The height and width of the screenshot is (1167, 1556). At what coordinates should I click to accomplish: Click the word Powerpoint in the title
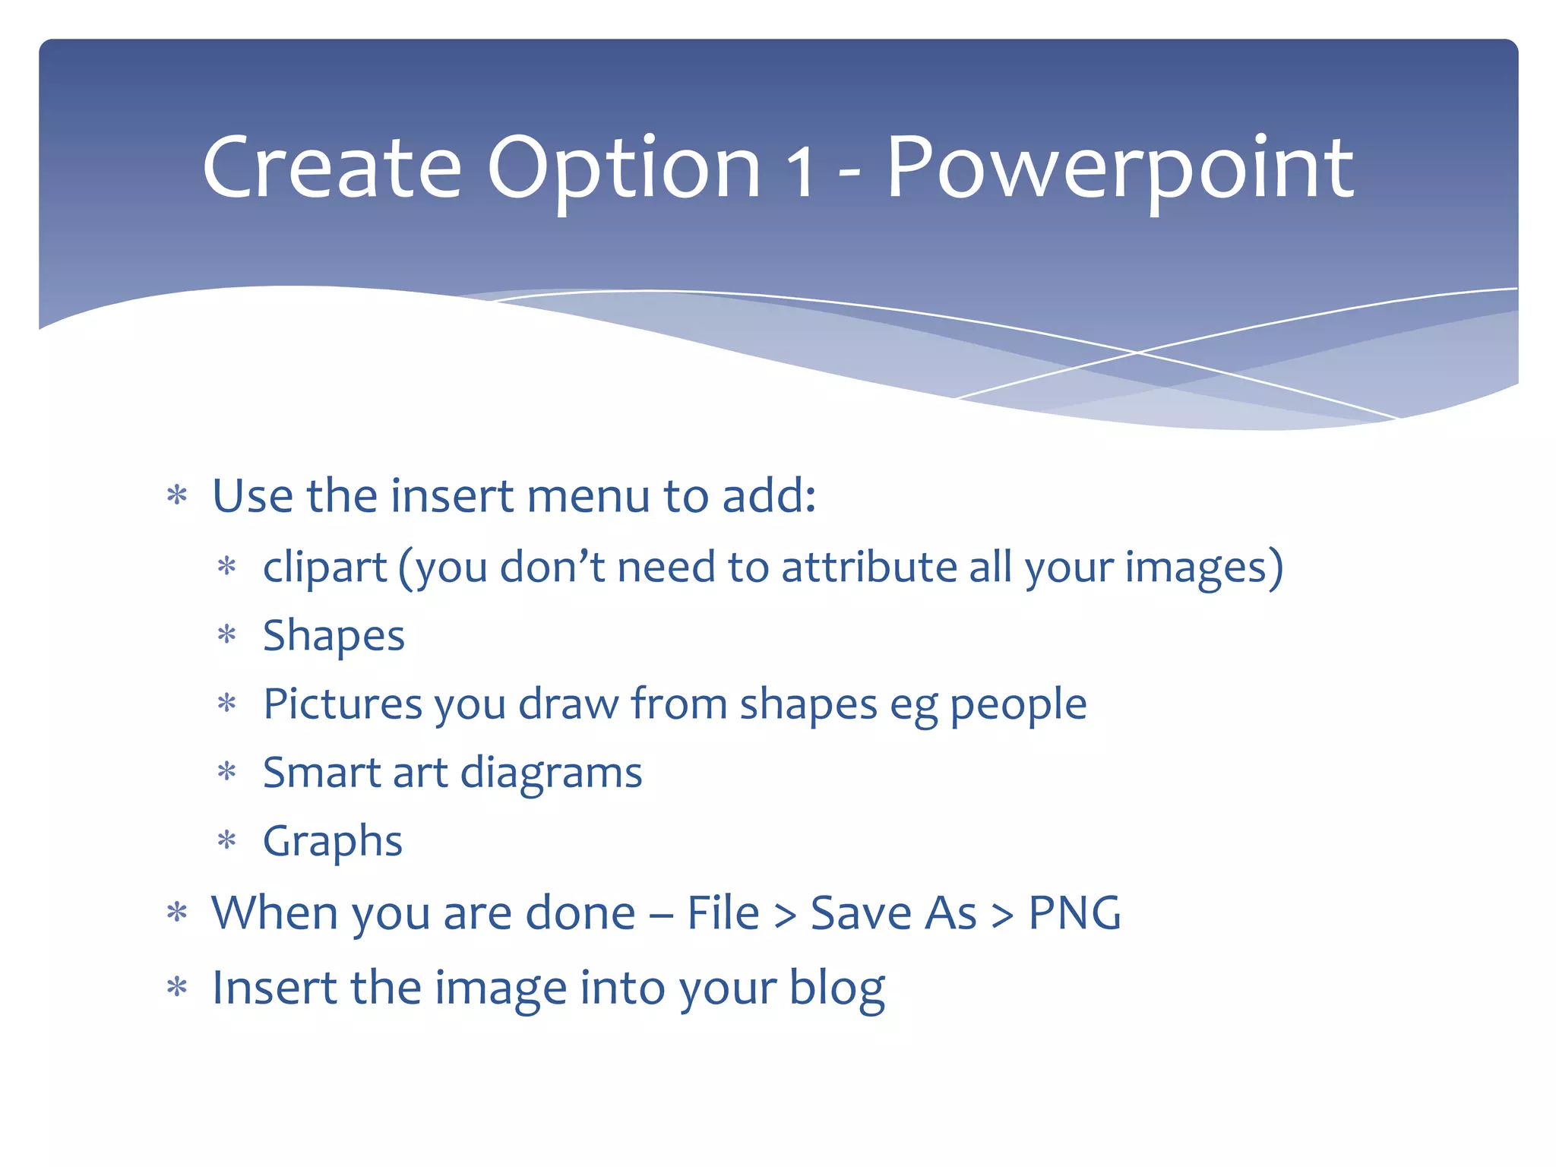1119,169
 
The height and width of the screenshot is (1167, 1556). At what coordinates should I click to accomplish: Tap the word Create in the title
332,169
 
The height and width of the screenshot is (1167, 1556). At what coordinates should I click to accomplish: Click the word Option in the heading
624,169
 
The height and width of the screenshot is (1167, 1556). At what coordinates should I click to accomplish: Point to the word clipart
325,568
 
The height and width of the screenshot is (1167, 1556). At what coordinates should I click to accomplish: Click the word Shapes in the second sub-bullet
334,636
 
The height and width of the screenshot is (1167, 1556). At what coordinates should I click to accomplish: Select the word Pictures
342,704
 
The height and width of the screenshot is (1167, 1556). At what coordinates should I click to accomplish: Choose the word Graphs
332,842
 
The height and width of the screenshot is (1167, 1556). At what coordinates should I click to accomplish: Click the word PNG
1074,912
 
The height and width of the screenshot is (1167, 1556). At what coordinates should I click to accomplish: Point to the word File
723,912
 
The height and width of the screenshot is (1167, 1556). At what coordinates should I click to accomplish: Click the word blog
837,988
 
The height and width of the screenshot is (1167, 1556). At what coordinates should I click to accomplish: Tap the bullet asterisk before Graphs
227,840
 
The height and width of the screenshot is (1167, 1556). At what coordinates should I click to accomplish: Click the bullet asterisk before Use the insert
177,496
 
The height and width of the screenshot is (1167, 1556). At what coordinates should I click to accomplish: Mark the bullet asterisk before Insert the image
177,988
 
